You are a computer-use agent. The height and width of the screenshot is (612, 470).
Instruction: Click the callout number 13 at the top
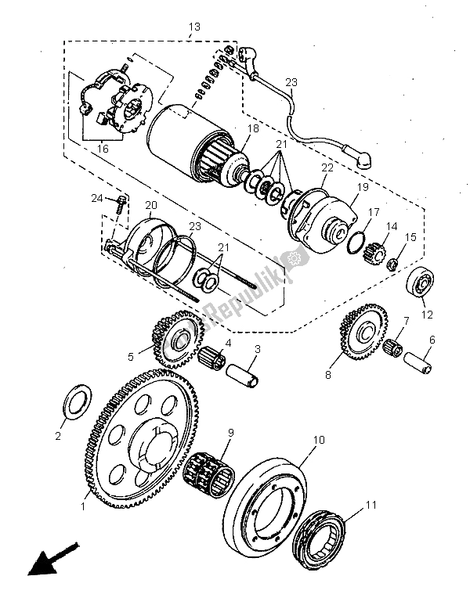tap(194, 27)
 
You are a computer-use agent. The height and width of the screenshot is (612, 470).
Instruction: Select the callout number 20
tap(150, 205)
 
